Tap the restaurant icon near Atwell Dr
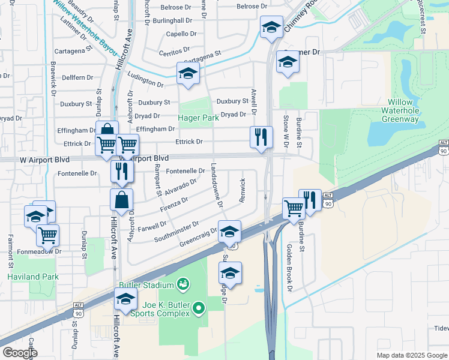(261, 137)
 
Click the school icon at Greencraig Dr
(229, 231)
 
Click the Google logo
(20, 353)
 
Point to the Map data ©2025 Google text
(411, 355)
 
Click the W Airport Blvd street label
(45, 160)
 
